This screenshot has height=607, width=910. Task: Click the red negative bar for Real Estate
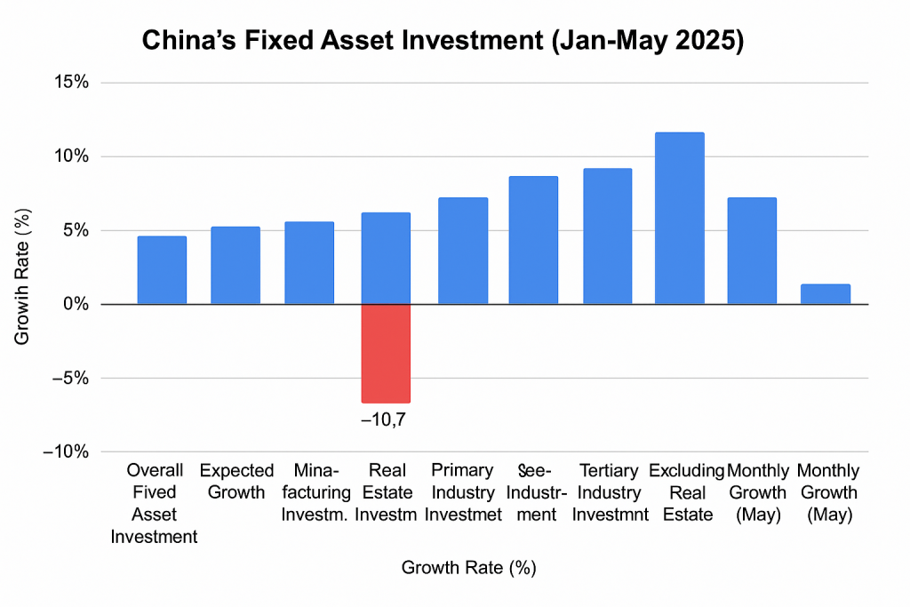(386, 353)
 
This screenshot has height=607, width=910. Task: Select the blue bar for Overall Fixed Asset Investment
(162, 270)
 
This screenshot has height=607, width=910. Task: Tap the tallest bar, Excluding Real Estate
(680, 219)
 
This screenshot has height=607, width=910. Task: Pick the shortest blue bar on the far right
(826, 294)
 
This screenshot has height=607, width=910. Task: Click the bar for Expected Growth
(235, 266)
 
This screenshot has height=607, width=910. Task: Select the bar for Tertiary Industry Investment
(607, 236)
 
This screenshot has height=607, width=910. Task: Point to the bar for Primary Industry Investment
(463, 251)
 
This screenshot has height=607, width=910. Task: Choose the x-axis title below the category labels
(468, 567)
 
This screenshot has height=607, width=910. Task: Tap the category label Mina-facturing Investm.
(308, 492)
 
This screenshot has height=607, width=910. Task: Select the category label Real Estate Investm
(387, 492)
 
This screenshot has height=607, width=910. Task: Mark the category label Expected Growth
(235, 481)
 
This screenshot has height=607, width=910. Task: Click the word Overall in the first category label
(155, 470)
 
